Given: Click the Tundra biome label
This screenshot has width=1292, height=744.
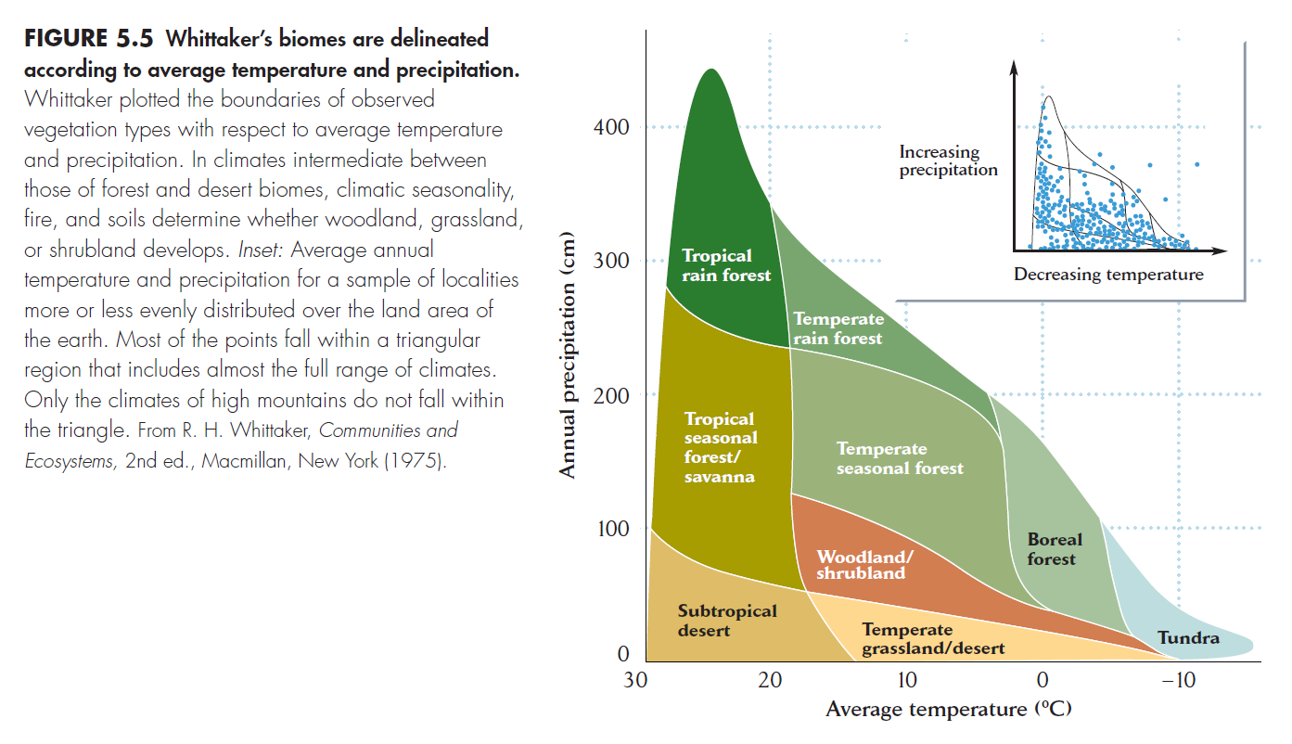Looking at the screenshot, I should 1188,638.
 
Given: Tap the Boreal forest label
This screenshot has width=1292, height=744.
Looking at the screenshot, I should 1054,549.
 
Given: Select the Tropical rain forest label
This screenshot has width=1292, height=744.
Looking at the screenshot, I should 726,264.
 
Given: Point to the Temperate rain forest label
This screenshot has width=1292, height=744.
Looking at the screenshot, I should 838,329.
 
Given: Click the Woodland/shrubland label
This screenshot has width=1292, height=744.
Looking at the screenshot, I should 863,565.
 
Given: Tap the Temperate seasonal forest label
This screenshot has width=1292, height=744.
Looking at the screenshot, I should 899,458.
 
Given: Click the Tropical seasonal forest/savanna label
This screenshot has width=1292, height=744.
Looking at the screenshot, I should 721,448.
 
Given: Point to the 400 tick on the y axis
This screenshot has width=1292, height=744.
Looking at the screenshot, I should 612,127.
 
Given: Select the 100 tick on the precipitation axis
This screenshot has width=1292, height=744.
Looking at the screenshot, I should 612,529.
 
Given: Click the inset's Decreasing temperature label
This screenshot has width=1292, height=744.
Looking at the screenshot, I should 1107,275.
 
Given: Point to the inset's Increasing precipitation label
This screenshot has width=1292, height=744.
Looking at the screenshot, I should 948,160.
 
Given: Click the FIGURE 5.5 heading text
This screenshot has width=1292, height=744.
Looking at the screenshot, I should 91,40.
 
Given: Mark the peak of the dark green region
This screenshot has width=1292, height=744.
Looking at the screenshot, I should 710,70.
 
